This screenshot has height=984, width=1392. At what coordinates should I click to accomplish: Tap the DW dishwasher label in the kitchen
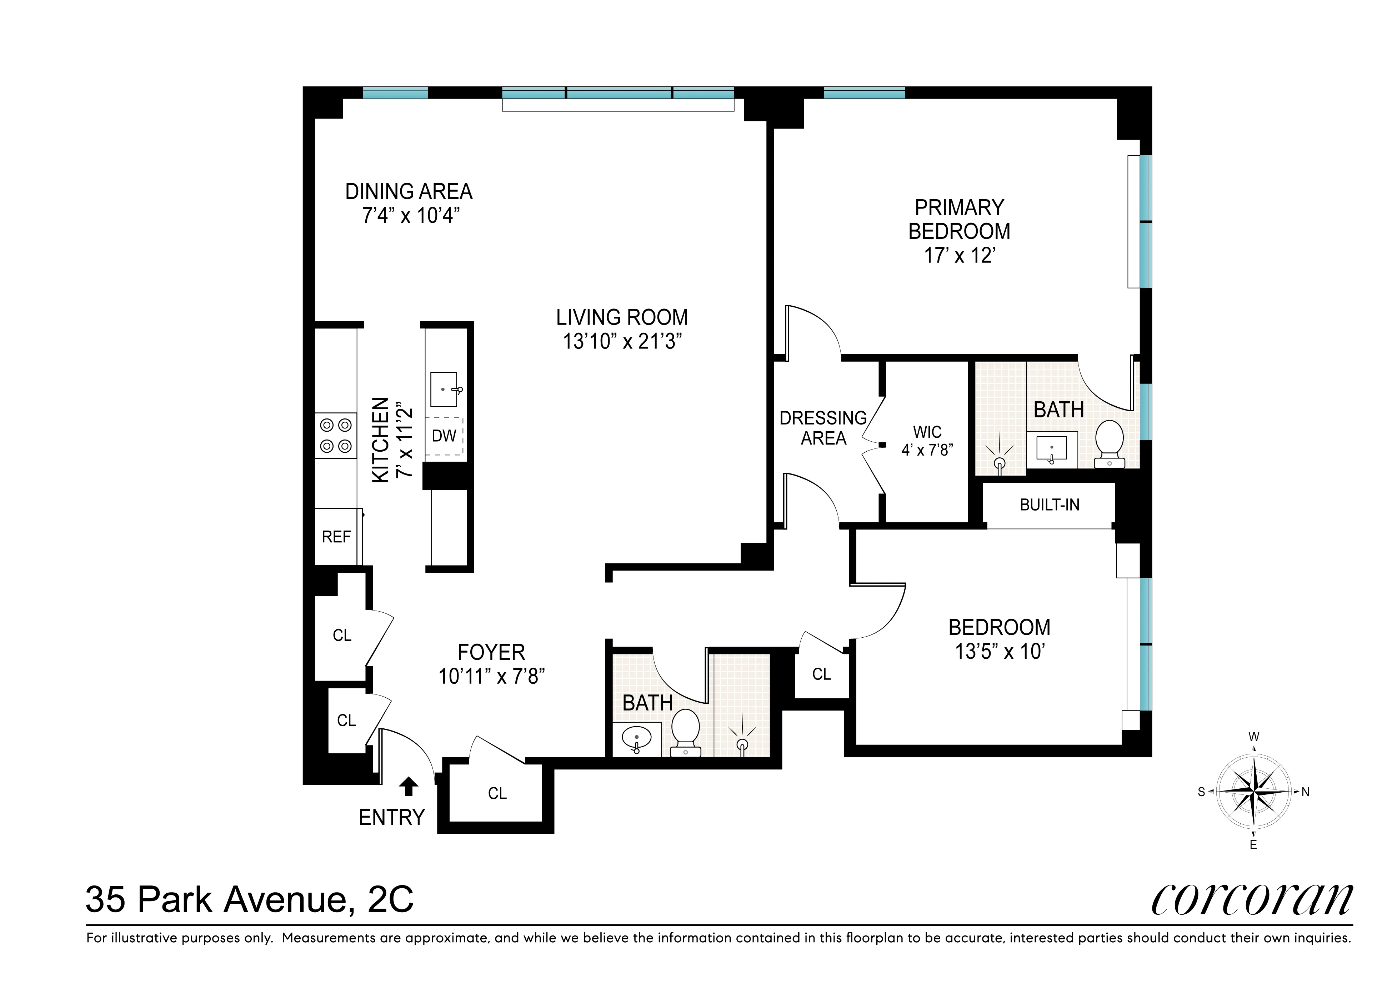444,435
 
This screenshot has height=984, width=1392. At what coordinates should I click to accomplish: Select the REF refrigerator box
336,537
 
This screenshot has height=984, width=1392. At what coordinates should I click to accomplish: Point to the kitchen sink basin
444,389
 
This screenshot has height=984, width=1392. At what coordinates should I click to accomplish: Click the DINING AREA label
409,192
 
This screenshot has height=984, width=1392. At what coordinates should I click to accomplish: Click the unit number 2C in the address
391,899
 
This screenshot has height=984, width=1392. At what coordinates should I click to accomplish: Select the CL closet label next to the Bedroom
821,674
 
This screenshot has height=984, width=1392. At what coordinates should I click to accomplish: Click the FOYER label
491,652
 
